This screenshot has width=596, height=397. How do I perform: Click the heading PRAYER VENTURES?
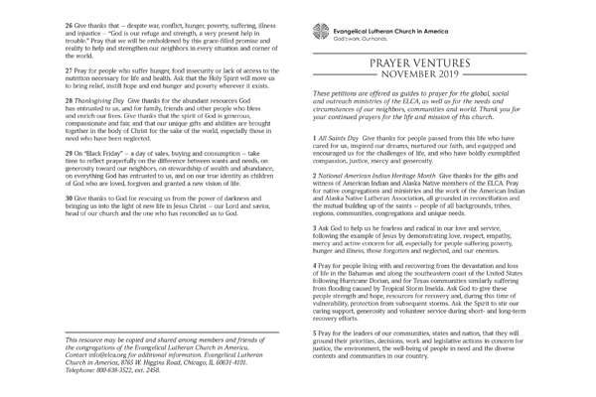coord(424,63)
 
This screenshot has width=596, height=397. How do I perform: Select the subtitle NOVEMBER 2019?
coord(424,75)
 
